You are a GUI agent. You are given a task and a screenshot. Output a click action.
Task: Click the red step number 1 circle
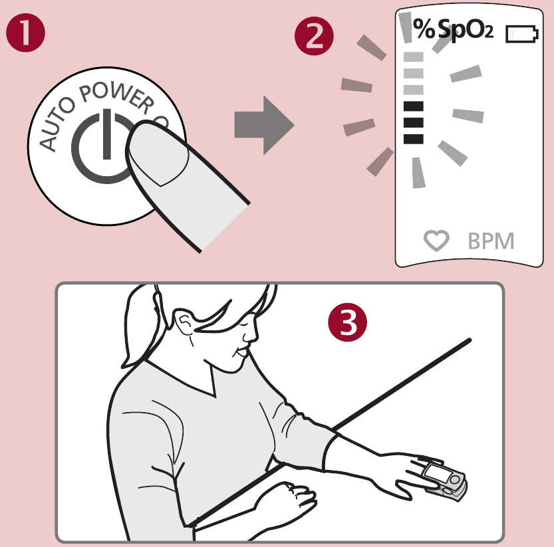26,34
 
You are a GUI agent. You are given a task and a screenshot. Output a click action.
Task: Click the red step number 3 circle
347,324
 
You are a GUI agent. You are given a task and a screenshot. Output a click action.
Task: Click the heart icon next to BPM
436,241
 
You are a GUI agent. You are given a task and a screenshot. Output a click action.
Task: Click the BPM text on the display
491,241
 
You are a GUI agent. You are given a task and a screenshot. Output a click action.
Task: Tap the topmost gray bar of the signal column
414,57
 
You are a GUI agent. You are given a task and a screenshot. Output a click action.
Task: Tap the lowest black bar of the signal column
414,138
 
